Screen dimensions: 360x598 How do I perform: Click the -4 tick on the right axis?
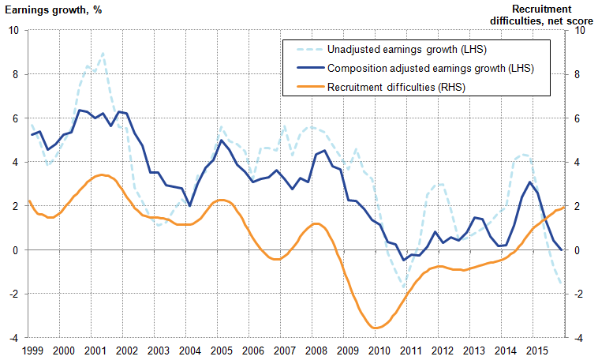tap(580, 338)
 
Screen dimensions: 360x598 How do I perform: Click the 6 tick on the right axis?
tap(580, 118)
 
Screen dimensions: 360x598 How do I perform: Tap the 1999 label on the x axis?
tap(32, 350)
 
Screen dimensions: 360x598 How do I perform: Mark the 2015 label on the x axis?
tap(536, 350)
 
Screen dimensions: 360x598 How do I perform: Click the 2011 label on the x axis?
tap(410, 350)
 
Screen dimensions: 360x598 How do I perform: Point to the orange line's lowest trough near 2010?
tap(376, 328)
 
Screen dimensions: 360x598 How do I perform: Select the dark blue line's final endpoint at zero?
tap(562, 249)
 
